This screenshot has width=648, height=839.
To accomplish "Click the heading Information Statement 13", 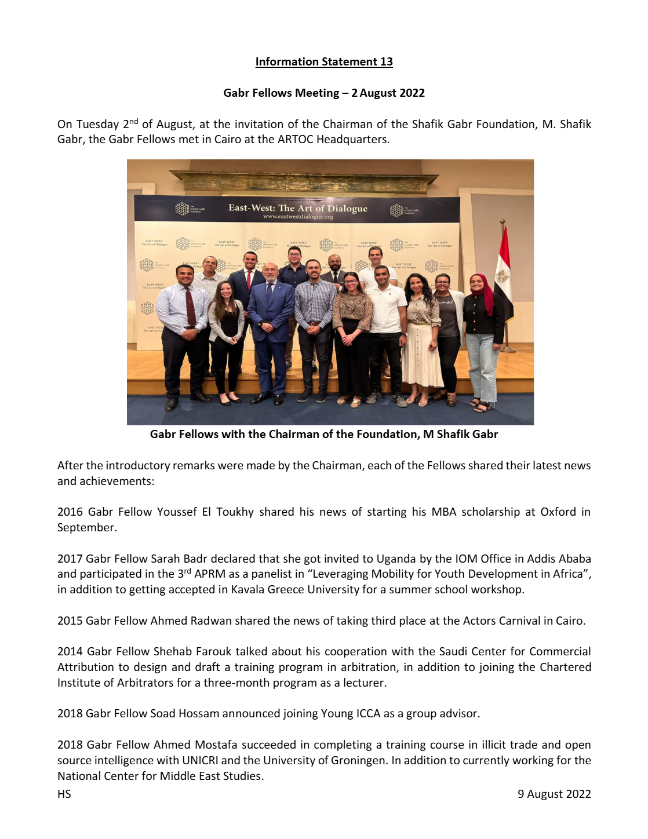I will click(324, 62).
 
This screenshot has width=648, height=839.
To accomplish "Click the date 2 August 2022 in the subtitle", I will click(388, 93).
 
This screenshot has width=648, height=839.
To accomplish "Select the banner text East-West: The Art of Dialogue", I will click(297, 208).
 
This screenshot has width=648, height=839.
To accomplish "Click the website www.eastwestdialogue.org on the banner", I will click(298, 217).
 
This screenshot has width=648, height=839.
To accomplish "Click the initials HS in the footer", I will click(64, 794).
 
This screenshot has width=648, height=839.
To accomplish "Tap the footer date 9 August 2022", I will click(554, 794).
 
